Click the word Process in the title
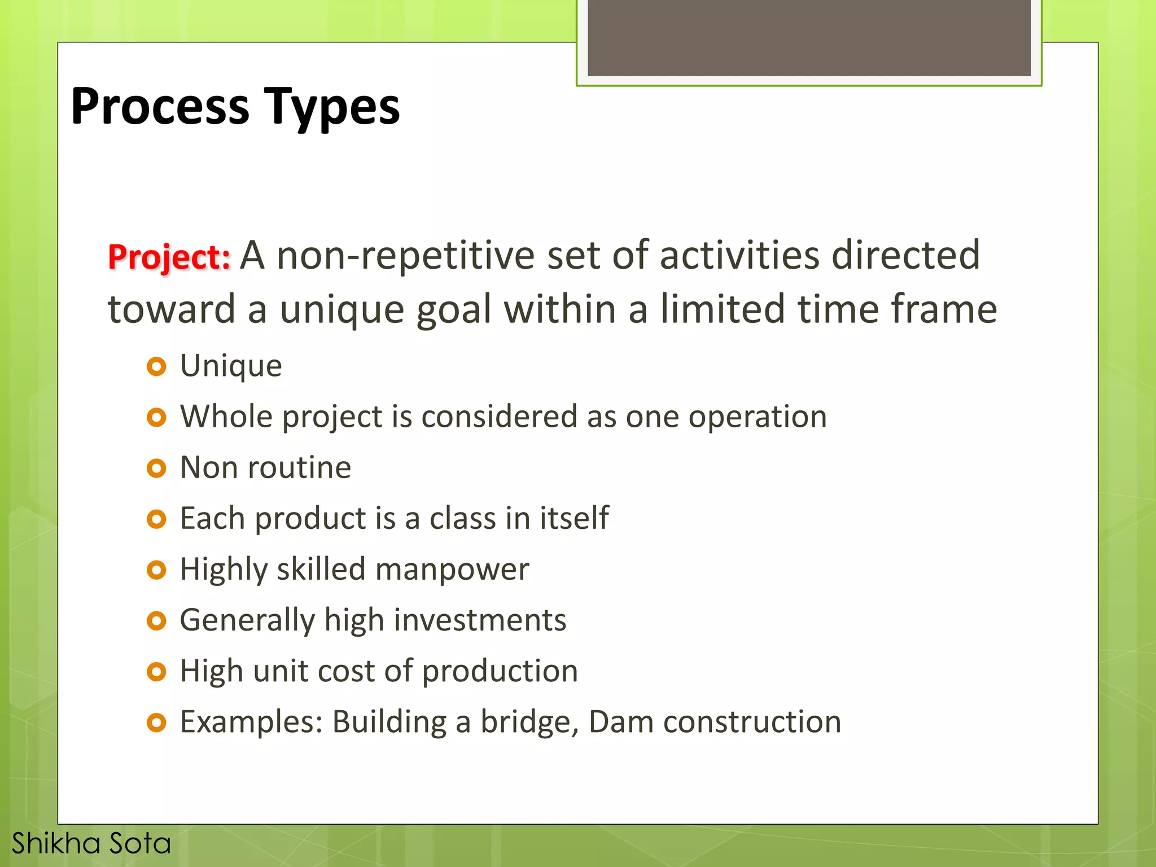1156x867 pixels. pyautogui.click(x=160, y=107)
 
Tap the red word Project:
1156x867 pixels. pyautogui.click(x=169, y=257)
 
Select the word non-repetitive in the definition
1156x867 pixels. pyautogui.click(x=405, y=255)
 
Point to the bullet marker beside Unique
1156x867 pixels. pyautogui.click(x=156, y=367)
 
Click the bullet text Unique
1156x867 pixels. pyautogui.click(x=231, y=366)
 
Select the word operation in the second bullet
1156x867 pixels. pyautogui.click(x=757, y=418)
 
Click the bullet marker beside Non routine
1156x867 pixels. pyautogui.click(x=156, y=468)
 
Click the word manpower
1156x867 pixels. pyautogui.click(x=452, y=569)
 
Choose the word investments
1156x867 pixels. pyautogui.click(x=480, y=620)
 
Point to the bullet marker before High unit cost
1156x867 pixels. pyautogui.click(x=156, y=672)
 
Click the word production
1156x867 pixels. pyautogui.click(x=500, y=672)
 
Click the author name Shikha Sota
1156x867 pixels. pyautogui.click(x=91, y=843)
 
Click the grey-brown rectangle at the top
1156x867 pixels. pyautogui.click(x=809, y=37)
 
